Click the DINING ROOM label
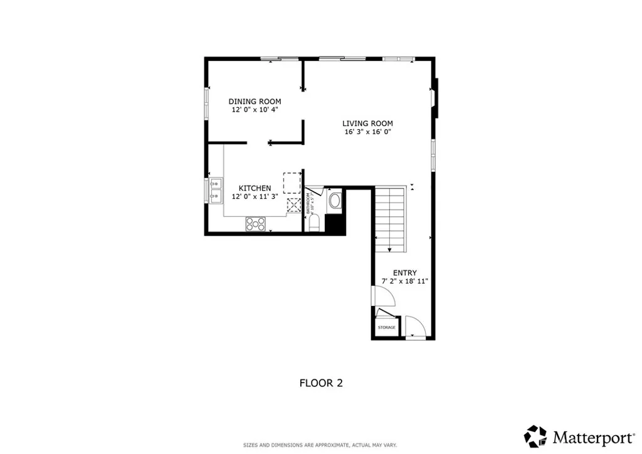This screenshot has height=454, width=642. pos(255,102)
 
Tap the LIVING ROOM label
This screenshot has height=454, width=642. pos(367,124)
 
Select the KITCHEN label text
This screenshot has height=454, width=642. pos(255,188)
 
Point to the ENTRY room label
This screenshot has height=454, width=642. pos(404,273)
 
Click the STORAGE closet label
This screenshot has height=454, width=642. pos(386,328)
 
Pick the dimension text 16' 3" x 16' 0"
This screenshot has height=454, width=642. pos(367,132)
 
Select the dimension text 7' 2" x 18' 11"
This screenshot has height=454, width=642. pos(404,282)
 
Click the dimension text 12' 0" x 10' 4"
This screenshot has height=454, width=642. pos(255,110)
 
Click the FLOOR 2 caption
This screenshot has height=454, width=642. pos(321,383)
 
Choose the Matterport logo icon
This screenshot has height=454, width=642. pos(535,436)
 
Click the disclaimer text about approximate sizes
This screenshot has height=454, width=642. pos(320,445)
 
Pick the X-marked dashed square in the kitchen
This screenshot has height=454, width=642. pos(293,205)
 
